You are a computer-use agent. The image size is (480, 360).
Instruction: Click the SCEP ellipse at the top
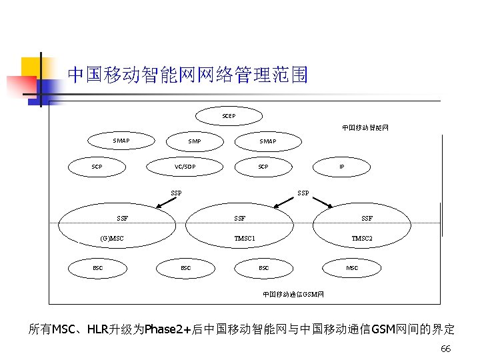[x=229, y=116]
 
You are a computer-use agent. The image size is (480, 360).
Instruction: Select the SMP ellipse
[x=194, y=141]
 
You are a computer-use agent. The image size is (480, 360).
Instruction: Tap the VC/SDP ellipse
[x=185, y=167]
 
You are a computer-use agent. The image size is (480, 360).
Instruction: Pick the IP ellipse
[x=342, y=167]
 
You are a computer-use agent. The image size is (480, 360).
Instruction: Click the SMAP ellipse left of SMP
[x=121, y=141]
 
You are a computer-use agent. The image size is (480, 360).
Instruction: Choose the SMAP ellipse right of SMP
[x=267, y=141]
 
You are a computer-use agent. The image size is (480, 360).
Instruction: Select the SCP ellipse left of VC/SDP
[x=97, y=167]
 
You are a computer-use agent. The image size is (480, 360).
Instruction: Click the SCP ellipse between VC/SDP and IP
[x=263, y=167]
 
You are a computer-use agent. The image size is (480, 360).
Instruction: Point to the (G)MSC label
[x=111, y=238]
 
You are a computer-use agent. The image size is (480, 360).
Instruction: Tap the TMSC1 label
[x=245, y=238]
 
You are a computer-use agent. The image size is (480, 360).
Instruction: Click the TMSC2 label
[x=363, y=238]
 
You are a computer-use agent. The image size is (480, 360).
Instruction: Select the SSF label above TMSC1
[x=239, y=218]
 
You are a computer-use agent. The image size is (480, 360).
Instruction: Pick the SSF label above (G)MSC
[x=122, y=218]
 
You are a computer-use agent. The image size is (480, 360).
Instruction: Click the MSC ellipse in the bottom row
[x=351, y=268]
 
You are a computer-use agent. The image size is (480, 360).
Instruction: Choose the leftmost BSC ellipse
[x=98, y=268]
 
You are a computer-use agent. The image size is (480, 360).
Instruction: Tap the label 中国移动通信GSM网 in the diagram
[x=293, y=294]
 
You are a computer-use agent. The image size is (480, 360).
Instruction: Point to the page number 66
[x=446, y=349]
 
